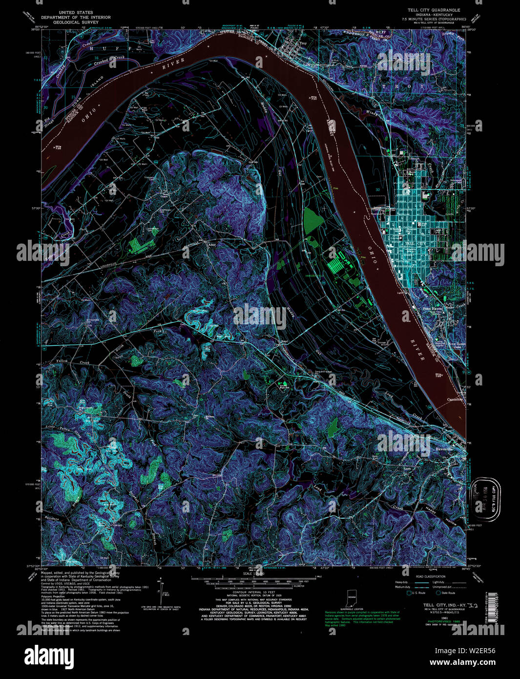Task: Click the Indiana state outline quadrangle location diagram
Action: point(351,599)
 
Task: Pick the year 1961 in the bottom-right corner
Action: point(430,617)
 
